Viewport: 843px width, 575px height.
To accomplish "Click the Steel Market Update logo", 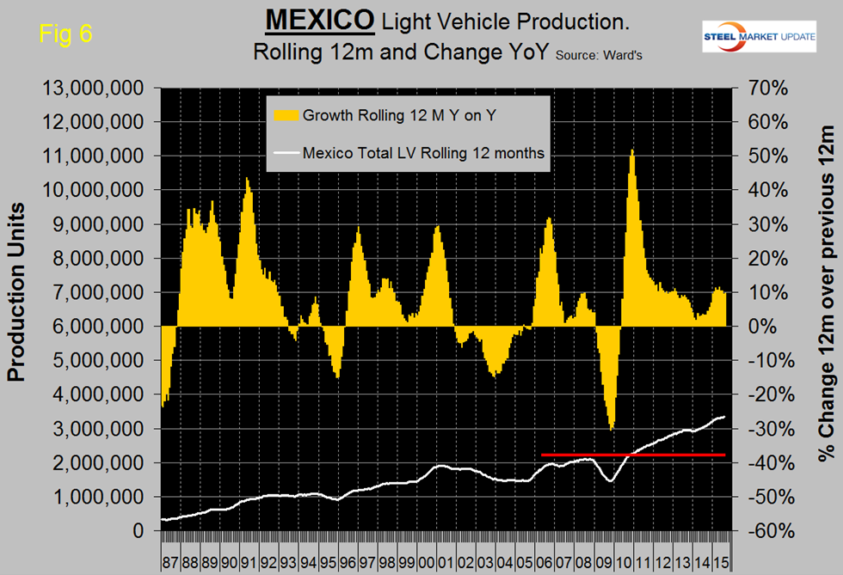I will coord(744,35).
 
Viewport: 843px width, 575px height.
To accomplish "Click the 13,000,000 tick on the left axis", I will coord(88,89).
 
